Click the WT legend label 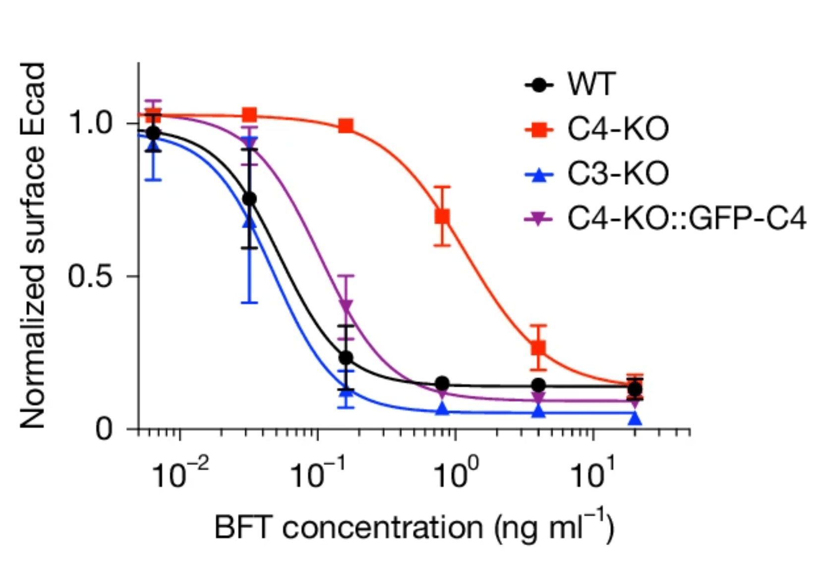tap(592, 84)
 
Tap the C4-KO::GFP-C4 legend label tap(687, 218)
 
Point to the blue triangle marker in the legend tap(539, 174)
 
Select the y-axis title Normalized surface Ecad tap(33, 245)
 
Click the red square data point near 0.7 tap(442, 217)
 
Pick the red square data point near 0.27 tap(538, 348)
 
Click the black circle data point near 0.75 tap(249, 199)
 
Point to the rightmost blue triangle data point tap(635, 419)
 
